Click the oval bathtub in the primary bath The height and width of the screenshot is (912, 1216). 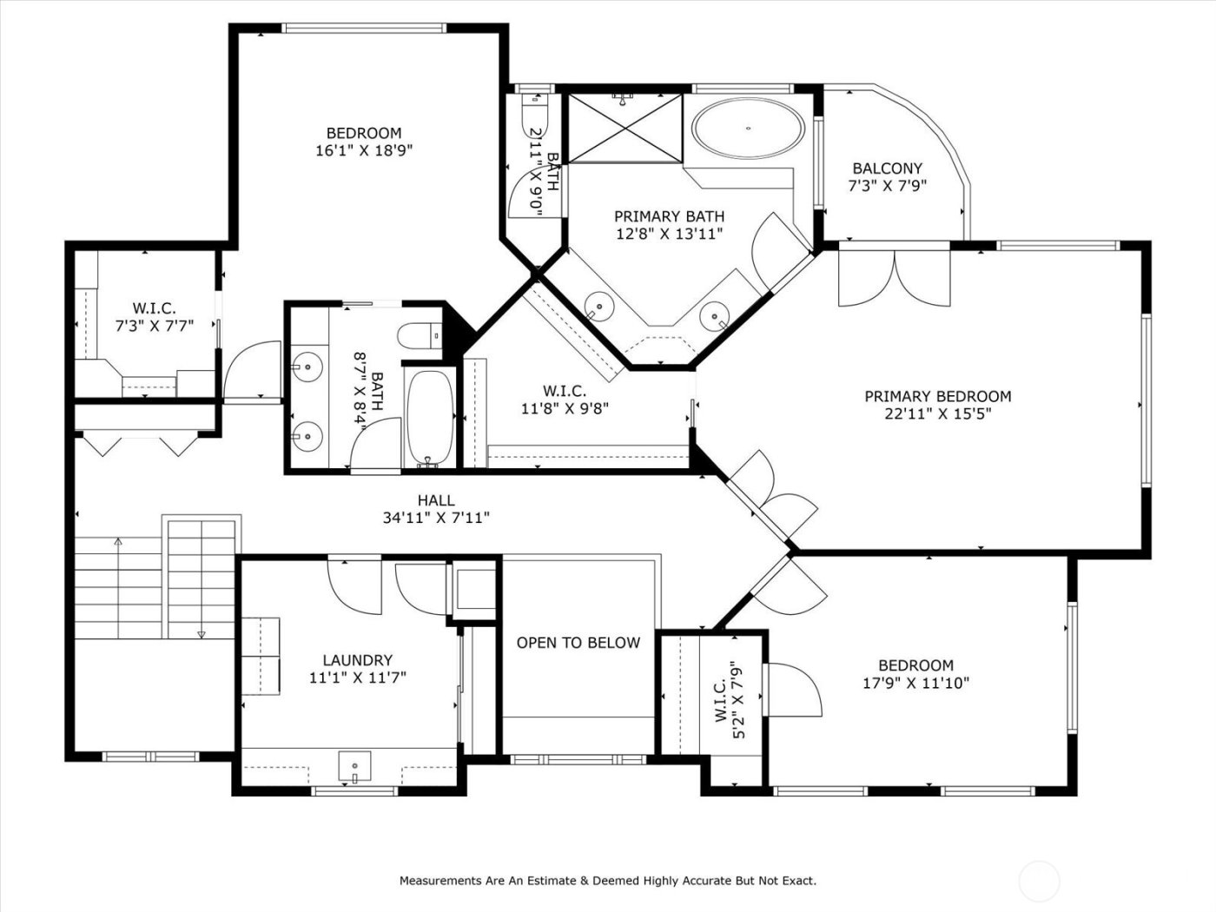747,129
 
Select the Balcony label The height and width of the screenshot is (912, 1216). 887,169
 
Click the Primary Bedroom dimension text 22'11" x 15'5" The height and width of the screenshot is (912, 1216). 937,414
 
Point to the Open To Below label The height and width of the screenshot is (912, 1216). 578,643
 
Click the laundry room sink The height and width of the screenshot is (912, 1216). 354,765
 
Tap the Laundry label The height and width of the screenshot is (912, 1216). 357,660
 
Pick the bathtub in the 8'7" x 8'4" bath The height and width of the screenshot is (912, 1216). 430,418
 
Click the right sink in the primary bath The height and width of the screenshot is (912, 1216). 714,314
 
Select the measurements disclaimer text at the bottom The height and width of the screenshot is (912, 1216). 607,881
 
